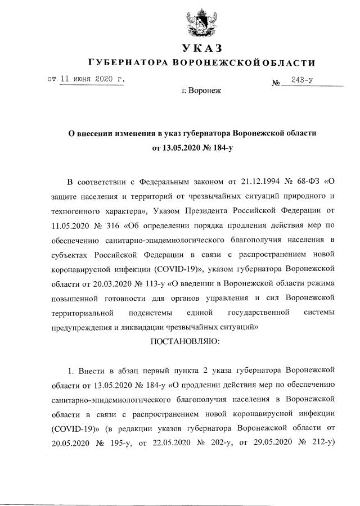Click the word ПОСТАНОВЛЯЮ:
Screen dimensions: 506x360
[x=186, y=341]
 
